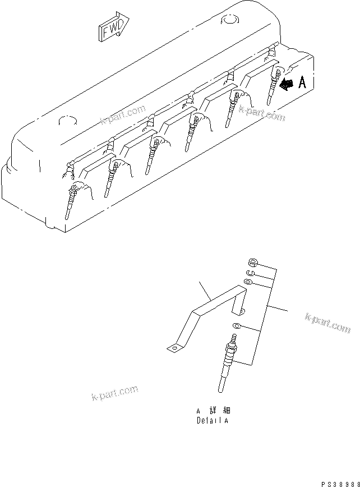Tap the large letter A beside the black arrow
tap(302, 83)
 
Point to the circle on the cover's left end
tap(67, 121)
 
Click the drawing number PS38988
tap(340, 483)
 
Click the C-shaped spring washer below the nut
tap(251, 273)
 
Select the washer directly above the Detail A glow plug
tap(237, 327)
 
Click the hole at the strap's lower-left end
tap(174, 347)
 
